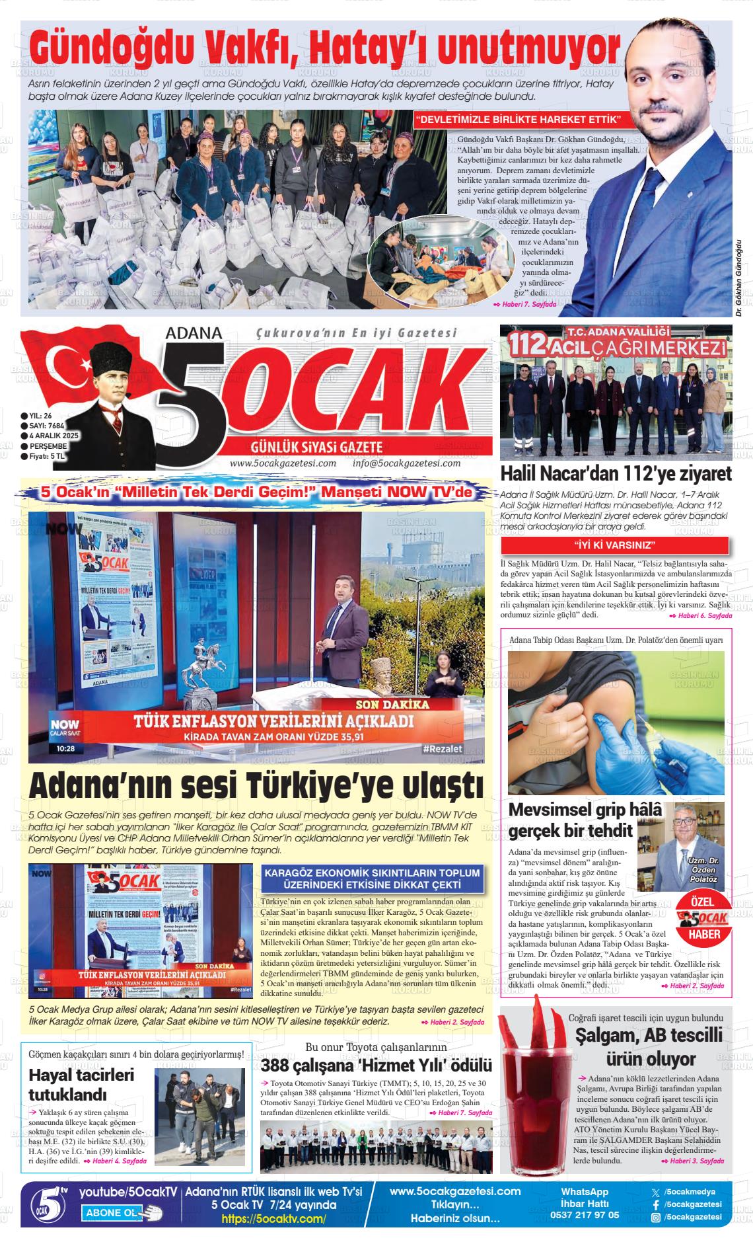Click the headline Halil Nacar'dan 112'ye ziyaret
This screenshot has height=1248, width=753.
[616, 474]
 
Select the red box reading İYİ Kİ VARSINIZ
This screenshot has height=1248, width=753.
[614, 545]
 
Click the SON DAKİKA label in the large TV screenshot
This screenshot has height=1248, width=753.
[392, 705]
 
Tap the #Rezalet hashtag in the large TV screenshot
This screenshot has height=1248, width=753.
[442, 748]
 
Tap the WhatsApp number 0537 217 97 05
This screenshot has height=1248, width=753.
[585, 1215]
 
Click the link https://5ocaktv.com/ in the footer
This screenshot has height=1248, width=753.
[273, 1219]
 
